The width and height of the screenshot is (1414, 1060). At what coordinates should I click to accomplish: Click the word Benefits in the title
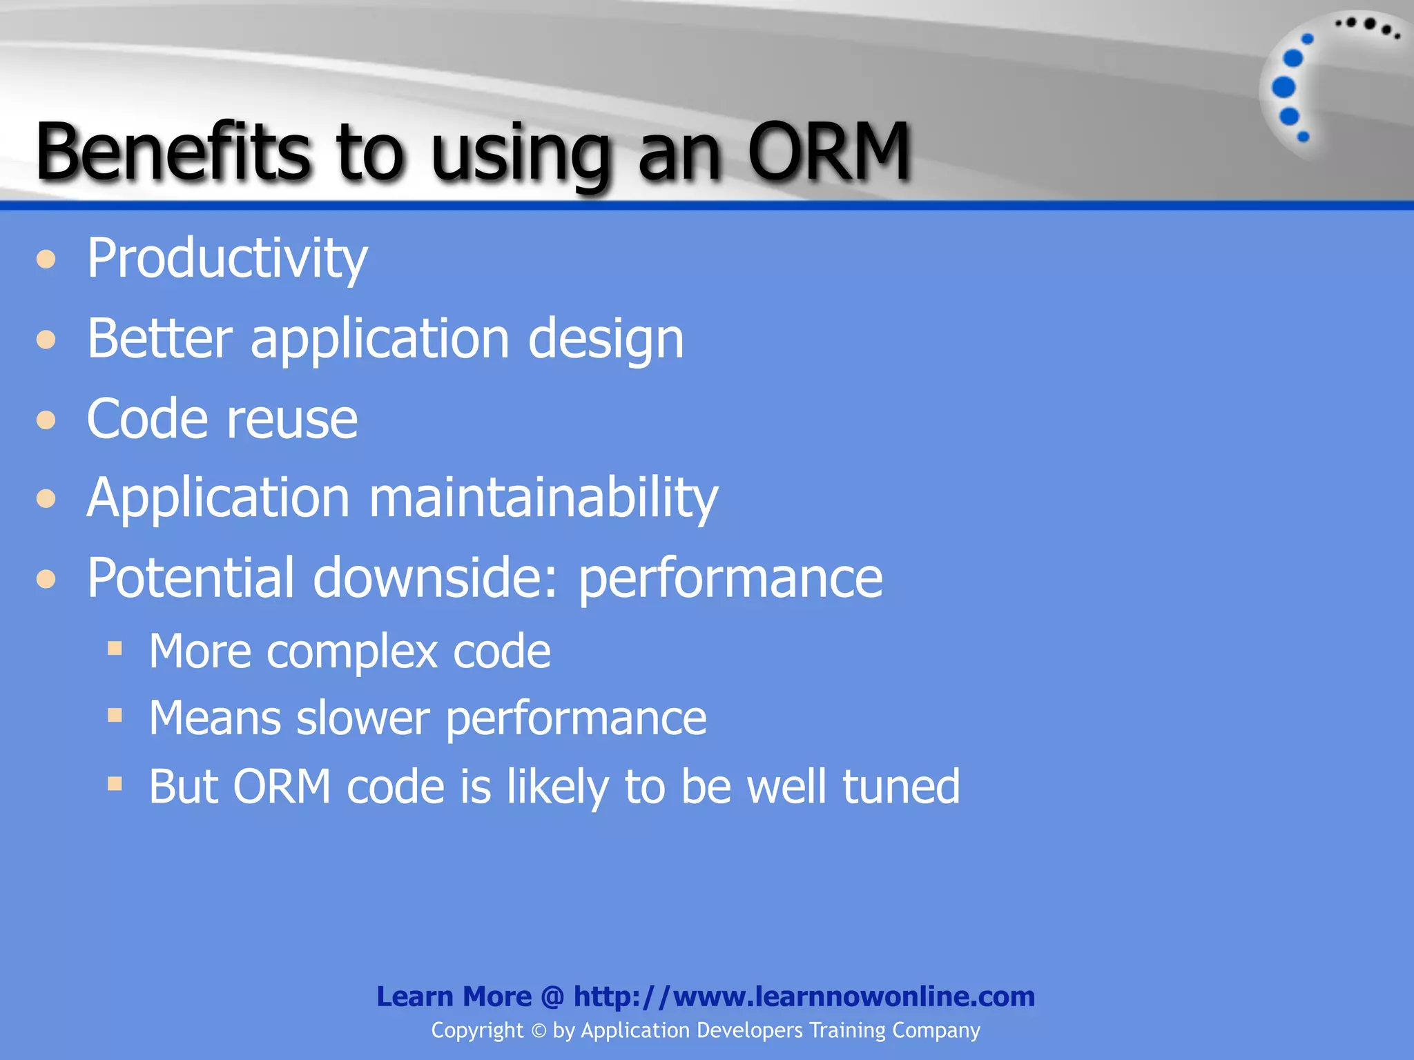coord(173,150)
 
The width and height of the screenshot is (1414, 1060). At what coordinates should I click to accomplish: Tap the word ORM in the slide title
coord(829,150)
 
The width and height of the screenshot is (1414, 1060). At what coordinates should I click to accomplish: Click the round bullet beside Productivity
coord(46,259)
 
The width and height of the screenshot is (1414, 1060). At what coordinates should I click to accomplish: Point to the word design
coord(606,340)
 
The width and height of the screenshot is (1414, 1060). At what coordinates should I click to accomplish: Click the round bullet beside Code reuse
coord(46,420)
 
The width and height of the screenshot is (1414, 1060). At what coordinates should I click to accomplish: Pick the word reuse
coord(292,420)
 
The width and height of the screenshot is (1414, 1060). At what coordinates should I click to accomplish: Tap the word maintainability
coord(543,498)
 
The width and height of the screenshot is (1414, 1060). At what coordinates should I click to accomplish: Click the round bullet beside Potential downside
coord(46,578)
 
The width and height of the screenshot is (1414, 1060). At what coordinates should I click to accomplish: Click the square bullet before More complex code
coord(115,648)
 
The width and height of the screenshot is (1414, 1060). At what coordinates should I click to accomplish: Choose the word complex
coord(352,651)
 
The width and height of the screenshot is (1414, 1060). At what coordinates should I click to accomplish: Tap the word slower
coord(362,718)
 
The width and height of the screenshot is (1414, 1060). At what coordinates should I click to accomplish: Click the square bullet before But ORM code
coord(115,783)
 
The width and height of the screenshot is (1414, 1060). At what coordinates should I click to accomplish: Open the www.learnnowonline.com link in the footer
coord(804,997)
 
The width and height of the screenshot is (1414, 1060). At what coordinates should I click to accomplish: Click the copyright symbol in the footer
coord(539,1031)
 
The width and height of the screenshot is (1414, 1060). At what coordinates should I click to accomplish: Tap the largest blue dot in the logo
coord(1284,88)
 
